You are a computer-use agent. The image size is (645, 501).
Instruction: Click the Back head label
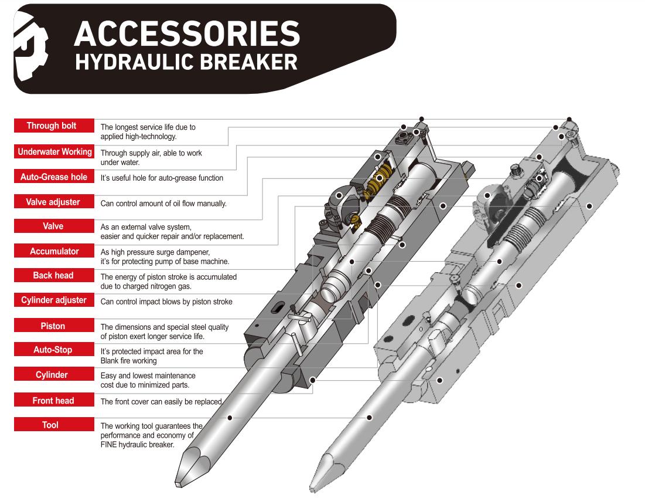point(53,275)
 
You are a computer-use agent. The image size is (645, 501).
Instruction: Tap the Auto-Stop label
point(53,350)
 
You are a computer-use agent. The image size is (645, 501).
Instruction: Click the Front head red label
point(53,400)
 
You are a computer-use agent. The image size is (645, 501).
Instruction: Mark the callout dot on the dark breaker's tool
point(230,418)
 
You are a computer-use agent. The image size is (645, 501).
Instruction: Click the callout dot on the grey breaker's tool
point(370,418)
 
